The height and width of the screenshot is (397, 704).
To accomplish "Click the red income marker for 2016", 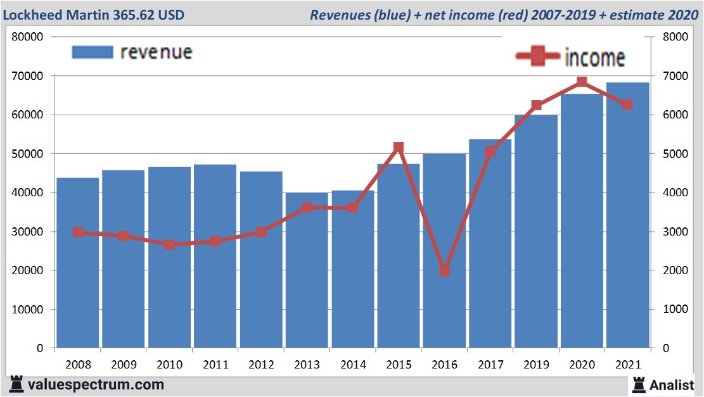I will pos(444,270).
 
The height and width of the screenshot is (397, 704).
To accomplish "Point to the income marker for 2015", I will pos(399,148).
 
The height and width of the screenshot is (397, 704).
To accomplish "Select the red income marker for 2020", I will pos(582,82).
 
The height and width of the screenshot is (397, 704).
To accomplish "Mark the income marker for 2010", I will pos(169,244).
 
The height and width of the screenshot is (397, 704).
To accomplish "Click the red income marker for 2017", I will pos(490,151).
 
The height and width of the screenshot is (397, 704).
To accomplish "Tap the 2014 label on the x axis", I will pos(352,365).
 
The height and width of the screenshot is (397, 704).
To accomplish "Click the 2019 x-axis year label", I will pos(535,365).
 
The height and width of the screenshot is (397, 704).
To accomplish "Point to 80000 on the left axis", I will pos(28,37).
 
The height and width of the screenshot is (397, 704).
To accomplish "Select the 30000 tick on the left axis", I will pos(28,232).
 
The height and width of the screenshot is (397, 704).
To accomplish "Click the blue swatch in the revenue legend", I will pos(93,52).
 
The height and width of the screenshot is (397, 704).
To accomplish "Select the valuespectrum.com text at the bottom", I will pos(95,384).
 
